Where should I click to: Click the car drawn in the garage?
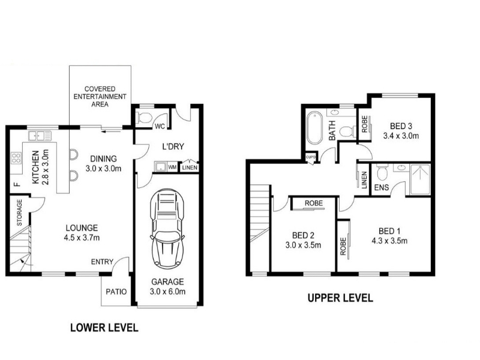coord(167,229)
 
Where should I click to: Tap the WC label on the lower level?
coord(160,126)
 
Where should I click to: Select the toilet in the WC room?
coord(144,117)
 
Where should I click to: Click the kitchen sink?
coord(40,136)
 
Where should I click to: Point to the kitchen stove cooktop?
coord(16,158)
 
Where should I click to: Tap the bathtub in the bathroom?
coord(314,128)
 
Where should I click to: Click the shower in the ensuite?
coord(420,179)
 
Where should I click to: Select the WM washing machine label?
coord(172,167)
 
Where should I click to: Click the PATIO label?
coord(116,292)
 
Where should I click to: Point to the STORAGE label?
coord(19,212)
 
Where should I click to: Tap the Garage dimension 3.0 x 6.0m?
coord(167,292)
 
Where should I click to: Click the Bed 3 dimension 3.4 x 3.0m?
coord(401,136)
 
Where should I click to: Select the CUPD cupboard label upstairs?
coord(310,157)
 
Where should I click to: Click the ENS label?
coord(382,187)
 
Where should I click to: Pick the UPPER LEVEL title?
coord(340,298)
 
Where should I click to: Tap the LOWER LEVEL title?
coord(104,328)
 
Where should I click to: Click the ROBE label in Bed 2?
coord(314,203)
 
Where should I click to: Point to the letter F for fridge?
coord(17,184)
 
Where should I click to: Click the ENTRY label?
coord(102,262)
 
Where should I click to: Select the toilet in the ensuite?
coord(382,173)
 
